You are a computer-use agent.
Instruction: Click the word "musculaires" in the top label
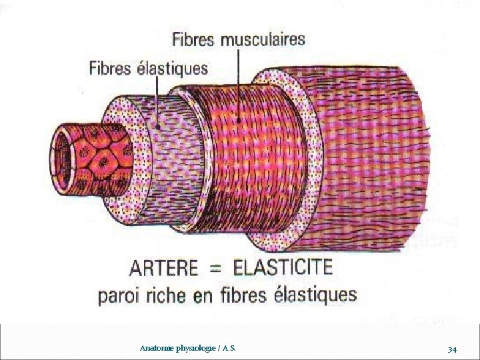(x=263, y=39)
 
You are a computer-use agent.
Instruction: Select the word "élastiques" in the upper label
(x=174, y=68)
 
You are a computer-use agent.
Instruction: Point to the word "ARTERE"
(x=163, y=269)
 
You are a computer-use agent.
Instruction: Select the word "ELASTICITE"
(x=283, y=268)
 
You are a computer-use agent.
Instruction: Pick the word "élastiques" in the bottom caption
(x=318, y=295)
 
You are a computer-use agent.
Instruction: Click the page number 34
(x=452, y=349)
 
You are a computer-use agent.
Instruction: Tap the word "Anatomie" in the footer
(x=155, y=349)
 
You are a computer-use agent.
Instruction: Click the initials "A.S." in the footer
(x=227, y=349)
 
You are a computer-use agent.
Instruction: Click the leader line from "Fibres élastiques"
(x=158, y=100)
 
